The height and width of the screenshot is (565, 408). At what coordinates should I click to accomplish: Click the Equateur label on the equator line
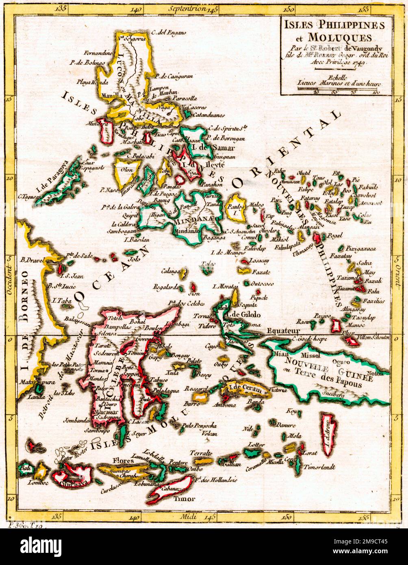280,331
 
